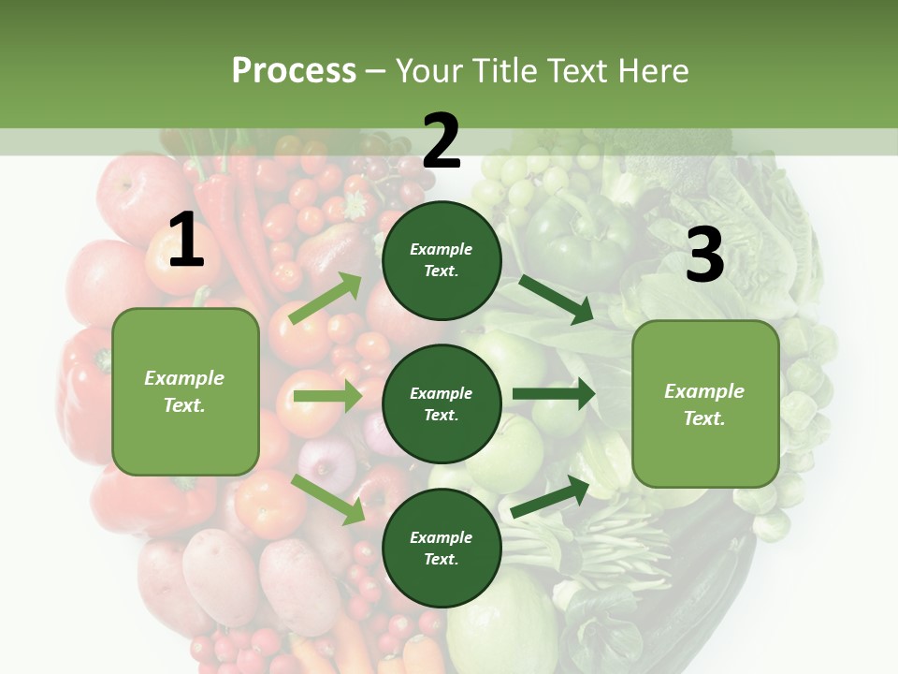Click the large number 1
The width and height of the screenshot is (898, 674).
[186, 241]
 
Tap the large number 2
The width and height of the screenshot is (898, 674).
[442, 142]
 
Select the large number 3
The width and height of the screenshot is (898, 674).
[704, 256]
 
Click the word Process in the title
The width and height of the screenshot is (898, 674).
[294, 70]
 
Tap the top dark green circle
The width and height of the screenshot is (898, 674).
[442, 260]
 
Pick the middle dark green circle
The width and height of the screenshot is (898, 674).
[442, 403]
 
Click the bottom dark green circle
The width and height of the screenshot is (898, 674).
[442, 548]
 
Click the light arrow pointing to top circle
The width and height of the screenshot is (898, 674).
[326, 299]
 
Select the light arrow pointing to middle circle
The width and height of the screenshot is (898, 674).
[327, 396]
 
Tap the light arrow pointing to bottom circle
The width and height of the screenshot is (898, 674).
[328, 499]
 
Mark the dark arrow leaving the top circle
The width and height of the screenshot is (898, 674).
[556, 300]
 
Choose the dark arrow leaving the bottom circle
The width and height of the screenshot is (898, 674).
[551, 496]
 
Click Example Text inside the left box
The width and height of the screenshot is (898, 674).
[184, 391]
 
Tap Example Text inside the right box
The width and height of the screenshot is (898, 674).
[704, 404]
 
